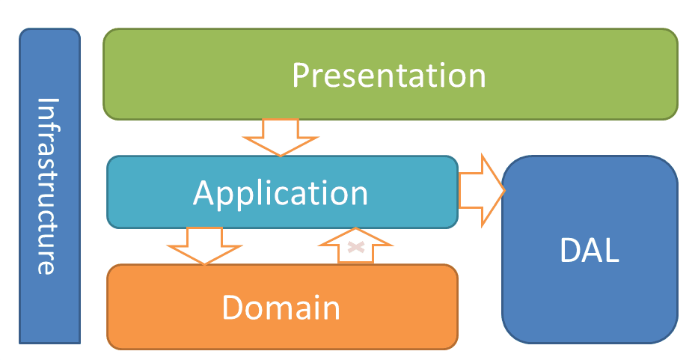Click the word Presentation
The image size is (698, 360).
pyautogui.click(x=388, y=76)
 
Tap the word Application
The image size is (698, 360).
pyautogui.click(x=281, y=193)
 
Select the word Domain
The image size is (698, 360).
pyautogui.click(x=281, y=308)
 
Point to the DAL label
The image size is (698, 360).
pyautogui.click(x=590, y=251)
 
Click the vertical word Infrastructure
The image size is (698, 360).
pyautogui.click(x=47, y=186)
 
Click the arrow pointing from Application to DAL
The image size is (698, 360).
pyautogui.click(x=482, y=191)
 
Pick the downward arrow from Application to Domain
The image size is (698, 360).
pyautogui.click(x=203, y=245)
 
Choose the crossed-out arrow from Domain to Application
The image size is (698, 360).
pyautogui.click(x=356, y=246)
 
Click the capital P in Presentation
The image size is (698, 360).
pyautogui.click(x=301, y=76)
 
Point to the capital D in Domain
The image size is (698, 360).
pyautogui.click(x=233, y=308)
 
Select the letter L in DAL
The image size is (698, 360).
pyautogui.click(x=611, y=251)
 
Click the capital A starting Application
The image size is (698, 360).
pyautogui.click(x=204, y=193)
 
